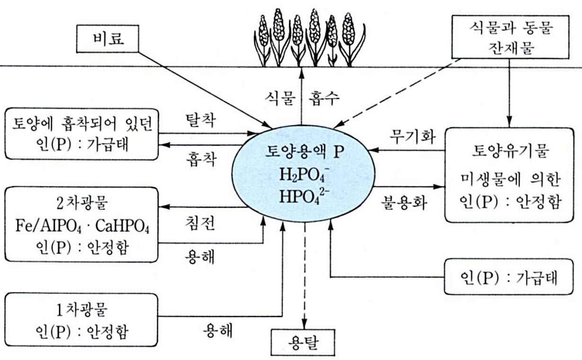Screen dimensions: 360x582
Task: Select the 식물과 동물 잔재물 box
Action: pyautogui.click(x=509, y=37)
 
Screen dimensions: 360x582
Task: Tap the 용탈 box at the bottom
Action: pyautogui.click(x=303, y=342)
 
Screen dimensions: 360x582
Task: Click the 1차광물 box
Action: pyautogui.click(x=81, y=320)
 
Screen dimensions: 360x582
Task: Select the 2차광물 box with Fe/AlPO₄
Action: pyautogui.click(x=81, y=224)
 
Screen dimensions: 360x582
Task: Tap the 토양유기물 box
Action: pyautogui.click(x=509, y=175)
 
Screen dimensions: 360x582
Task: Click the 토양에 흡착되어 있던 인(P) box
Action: pyautogui.click(x=81, y=134)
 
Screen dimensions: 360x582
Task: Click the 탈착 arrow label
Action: pyautogui.click(x=200, y=122)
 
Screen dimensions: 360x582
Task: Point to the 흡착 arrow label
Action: pyautogui.click(x=200, y=159)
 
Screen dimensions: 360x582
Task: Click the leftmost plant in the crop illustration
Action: pyautogui.click(x=263, y=40)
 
